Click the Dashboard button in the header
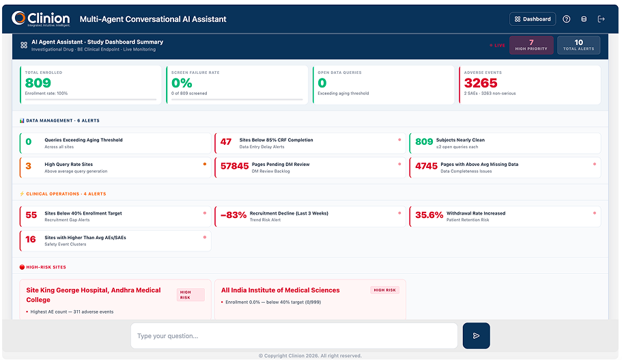click(x=533, y=19)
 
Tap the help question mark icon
click(x=566, y=19)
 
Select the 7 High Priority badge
click(x=531, y=45)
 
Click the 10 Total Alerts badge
click(x=578, y=45)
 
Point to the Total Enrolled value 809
click(x=38, y=83)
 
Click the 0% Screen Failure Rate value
click(x=182, y=83)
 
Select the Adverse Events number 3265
click(x=481, y=83)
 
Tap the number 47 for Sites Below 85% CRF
click(x=226, y=142)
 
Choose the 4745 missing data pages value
click(x=426, y=166)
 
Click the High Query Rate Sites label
click(x=68, y=164)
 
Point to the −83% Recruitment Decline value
click(x=234, y=215)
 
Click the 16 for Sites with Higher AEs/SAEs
click(x=31, y=240)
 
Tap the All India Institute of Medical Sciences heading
click(x=280, y=290)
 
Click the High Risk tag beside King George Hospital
click(x=186, y=294)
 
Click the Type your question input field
click(x=294, y=335)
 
